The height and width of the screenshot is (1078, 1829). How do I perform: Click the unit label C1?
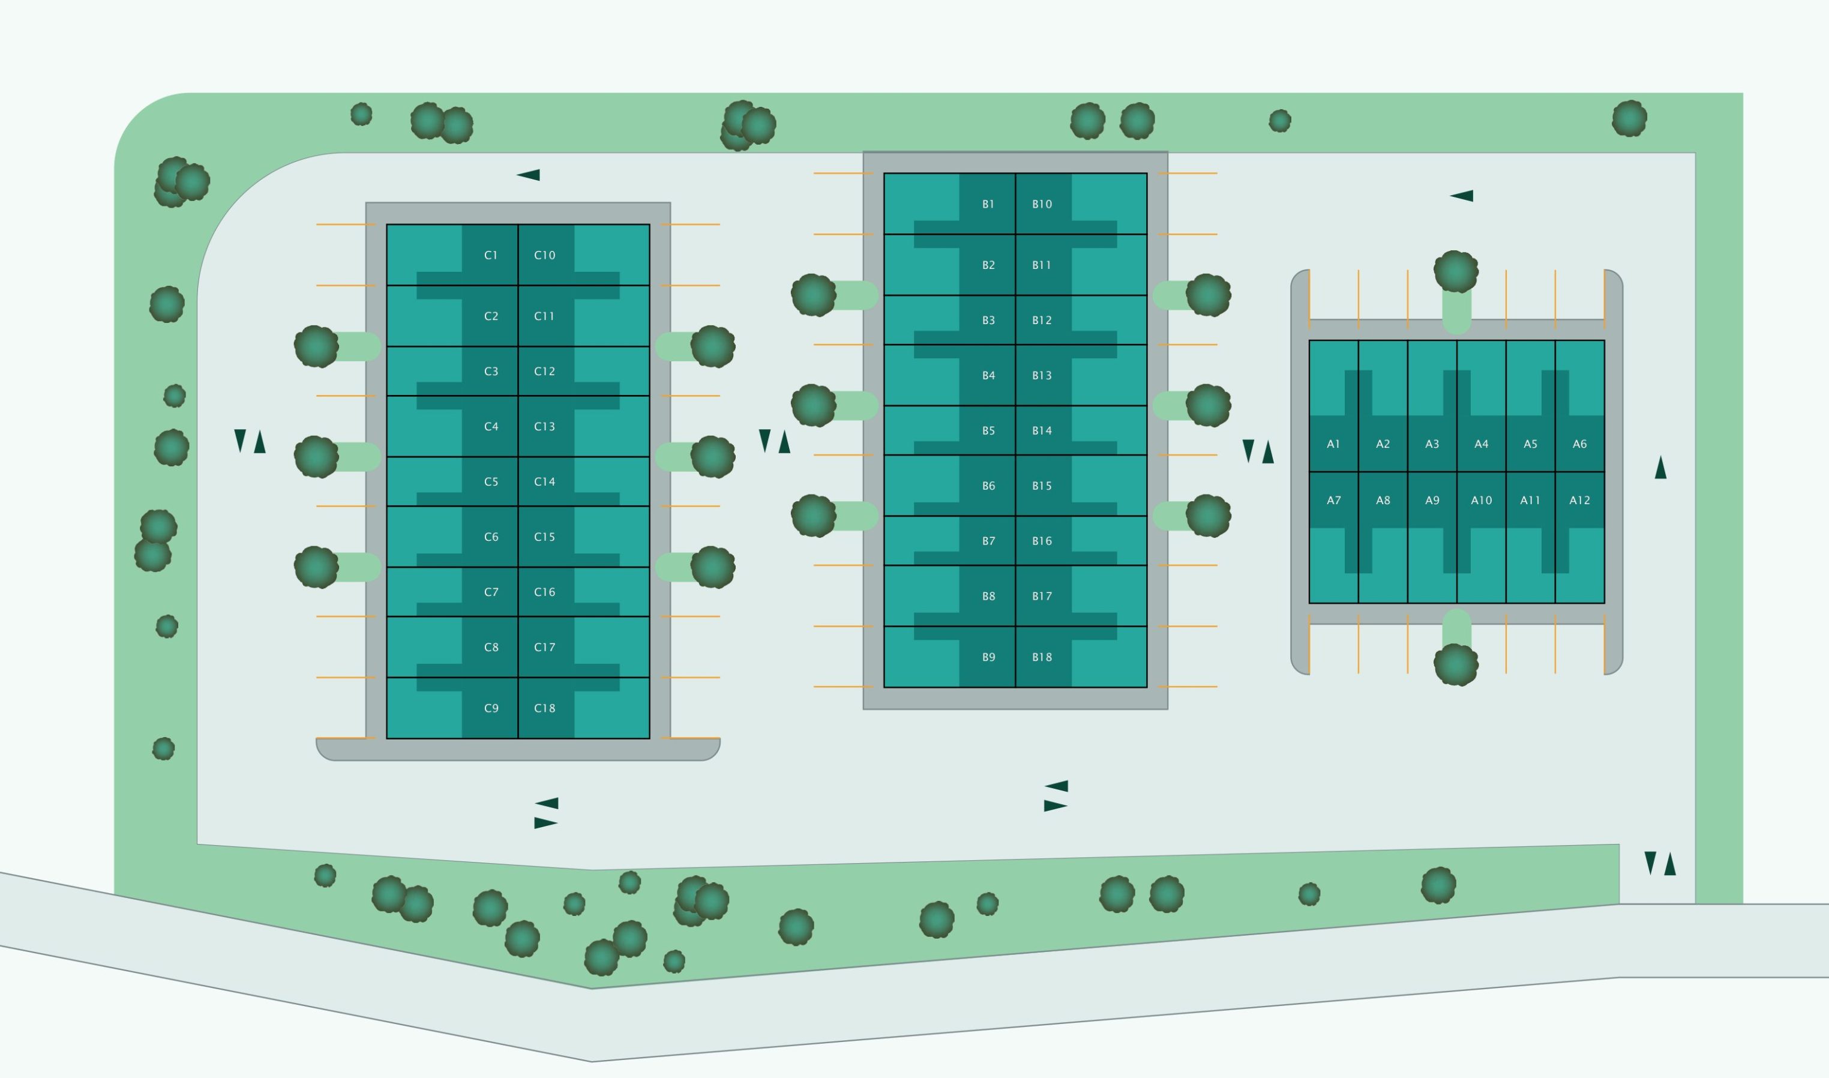tap(491, 255)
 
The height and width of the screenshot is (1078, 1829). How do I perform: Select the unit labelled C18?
tap(545, 708)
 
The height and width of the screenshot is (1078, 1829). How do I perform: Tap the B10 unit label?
tap(1042, 204)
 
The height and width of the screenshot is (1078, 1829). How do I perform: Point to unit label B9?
tap(988, 657)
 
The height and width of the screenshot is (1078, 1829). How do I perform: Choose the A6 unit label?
tap(1579, 444)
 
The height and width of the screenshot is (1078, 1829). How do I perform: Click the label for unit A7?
tap(1334, 500)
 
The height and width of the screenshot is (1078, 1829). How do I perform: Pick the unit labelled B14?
tap(1042, 431)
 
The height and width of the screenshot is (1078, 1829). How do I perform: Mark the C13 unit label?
tap(545, 426)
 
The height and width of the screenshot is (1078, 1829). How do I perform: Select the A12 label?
tap(1579, 500)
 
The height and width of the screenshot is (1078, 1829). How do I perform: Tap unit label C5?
tap(491, 481)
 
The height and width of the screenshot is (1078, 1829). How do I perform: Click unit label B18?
tap(1042, 657)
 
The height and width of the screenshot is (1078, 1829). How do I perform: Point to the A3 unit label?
tap(1432, 444)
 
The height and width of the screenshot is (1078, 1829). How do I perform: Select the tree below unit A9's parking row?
tap(1456, 664)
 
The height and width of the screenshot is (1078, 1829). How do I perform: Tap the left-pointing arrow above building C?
tap(528, 175)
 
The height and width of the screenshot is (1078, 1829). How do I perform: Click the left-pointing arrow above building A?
tap(1461, 196)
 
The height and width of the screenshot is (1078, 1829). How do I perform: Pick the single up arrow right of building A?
tap(1660, 467)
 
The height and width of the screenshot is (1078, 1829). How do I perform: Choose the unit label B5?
tap(988, 431)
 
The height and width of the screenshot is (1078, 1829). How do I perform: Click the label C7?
tap(491, 592)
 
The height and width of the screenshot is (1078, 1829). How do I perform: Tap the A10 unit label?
tap(1481, 500)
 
